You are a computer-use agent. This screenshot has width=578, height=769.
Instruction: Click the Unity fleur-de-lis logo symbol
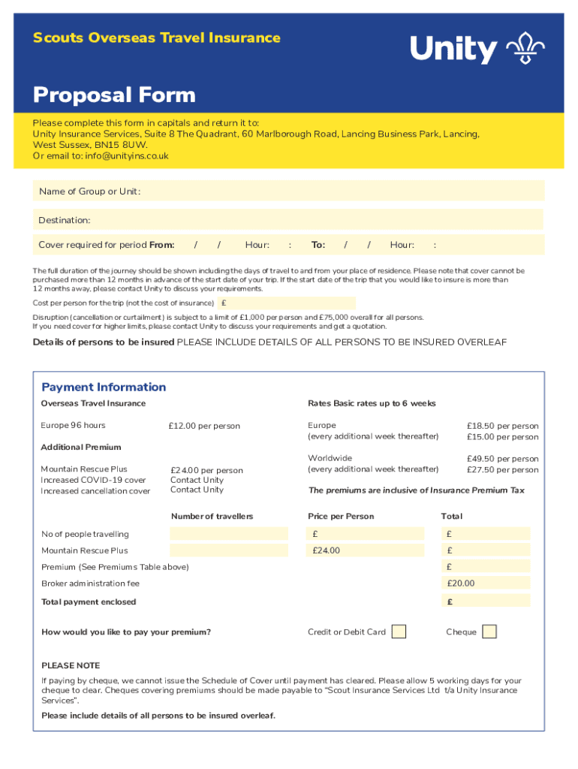pyautogui.click(x=525, y=49)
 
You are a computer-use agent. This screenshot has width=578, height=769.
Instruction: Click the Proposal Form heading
pyautogui.click(x=114, y=95)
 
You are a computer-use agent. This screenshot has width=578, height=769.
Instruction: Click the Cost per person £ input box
pyautogui.click(x=286, y=303)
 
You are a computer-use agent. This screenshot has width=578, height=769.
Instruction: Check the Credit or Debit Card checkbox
pyautogui.click(x=399, y=632)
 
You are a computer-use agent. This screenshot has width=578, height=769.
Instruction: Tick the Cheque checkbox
pyautogui.click(x=489, y=632)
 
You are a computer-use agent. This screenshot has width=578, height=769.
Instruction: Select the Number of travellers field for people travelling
pyautogui.click(x=229, y=534)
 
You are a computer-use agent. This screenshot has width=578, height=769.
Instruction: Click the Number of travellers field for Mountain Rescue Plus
pyautogui.click(x=229, y=550)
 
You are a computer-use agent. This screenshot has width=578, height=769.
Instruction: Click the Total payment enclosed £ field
pyautogui.click(x=486, y=602)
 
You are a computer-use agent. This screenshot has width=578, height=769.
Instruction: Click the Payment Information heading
pyautogui.click(x=104, y=388)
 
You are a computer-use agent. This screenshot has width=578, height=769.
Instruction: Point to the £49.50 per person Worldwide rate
pyautogui.click(x=502, y=458)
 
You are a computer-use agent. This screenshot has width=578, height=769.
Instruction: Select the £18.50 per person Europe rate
pyautogui.click(x=502, y=426)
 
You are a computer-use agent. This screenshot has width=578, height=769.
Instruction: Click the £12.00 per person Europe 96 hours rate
pyautogui.click(x=205, y=426)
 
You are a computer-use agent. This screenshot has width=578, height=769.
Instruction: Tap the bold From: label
pyautogui.click(x=162, y=245)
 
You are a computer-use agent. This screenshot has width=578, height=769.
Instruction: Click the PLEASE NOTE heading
pyautogui.click(x=71, y=665)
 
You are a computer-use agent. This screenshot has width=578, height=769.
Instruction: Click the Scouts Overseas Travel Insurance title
pyautogui.click(x=156, y=38)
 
